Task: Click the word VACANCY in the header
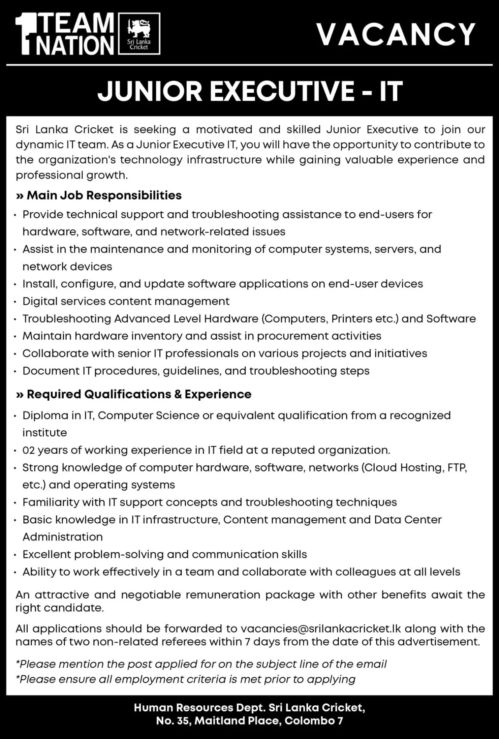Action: pyautogui.click(x=396, y=34)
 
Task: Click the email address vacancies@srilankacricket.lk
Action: pyautogui.click(x=320, y=629)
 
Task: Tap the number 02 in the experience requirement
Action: pyautogui.click(x=28, y=450)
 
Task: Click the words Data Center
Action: pyautogui.click(x=408, y=520)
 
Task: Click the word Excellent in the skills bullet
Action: pyautogui.click(x=47, y=554)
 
